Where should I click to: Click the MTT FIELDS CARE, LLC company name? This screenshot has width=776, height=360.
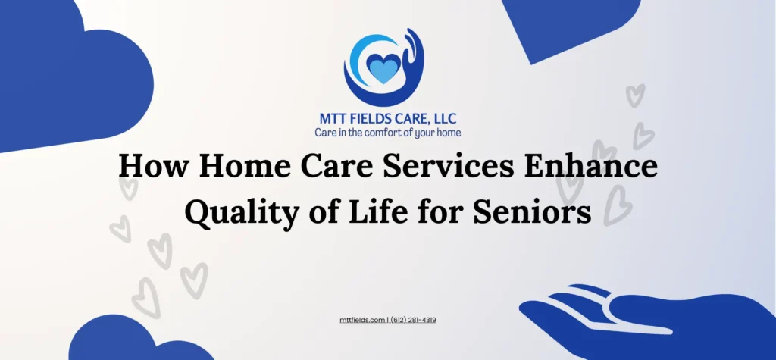(388, 119)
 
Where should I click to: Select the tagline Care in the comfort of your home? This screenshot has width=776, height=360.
(388, 133)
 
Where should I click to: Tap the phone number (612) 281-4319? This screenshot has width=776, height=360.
(413, 320)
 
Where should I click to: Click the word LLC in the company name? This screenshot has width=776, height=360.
(443, 119)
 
